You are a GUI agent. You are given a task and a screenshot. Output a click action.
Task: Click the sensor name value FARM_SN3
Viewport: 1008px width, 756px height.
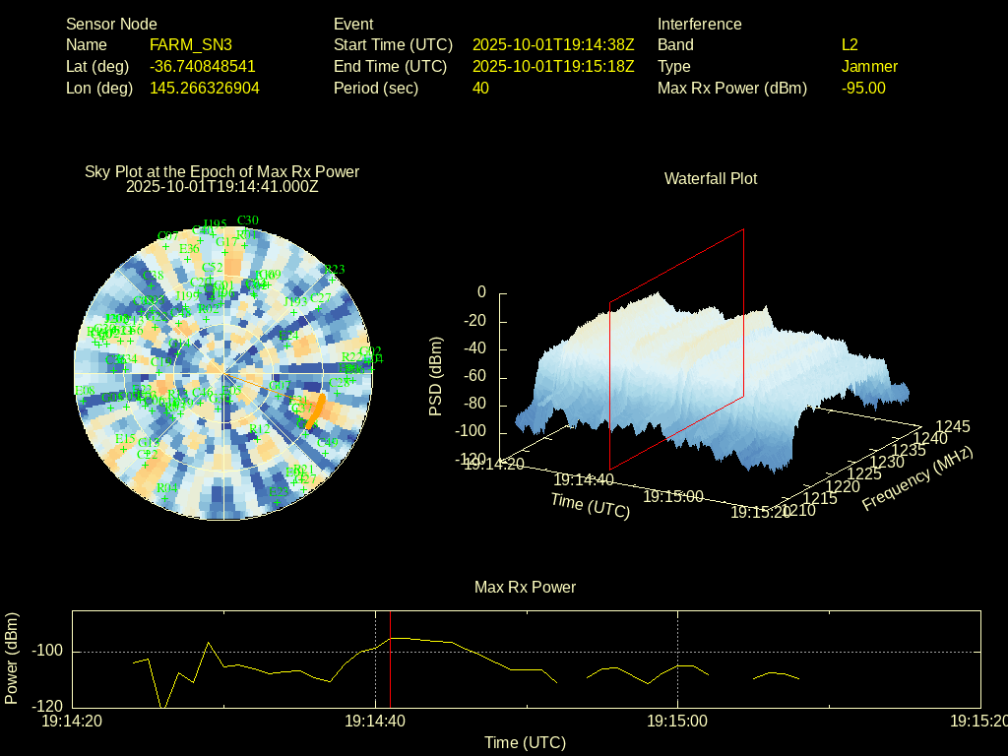coord(191,45)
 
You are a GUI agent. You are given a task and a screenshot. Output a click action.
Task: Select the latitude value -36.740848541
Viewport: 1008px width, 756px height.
coord(203,67)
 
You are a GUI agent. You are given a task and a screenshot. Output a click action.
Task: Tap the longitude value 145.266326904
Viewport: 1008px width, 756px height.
coord(205,89)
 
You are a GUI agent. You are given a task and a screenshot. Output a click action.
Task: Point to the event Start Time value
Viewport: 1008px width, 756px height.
coord(553,45)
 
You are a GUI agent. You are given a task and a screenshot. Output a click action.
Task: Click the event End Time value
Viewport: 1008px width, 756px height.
coord(553,67)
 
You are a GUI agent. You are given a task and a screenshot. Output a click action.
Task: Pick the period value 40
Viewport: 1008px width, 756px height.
coord(480,89)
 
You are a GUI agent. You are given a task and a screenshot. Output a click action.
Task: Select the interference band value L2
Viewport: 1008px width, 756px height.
coord(850,45)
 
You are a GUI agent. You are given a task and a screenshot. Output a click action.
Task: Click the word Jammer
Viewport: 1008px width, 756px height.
coord(869,67)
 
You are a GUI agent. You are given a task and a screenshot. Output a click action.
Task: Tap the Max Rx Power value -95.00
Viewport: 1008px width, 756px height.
coord(863,89)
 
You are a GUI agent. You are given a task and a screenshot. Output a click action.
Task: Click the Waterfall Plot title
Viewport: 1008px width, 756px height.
coord(711,179)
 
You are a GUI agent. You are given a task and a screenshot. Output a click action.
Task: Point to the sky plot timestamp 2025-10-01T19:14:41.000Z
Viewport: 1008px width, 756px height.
coord(222,186)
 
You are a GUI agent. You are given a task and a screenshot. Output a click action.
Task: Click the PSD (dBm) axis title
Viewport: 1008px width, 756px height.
coord(436,376)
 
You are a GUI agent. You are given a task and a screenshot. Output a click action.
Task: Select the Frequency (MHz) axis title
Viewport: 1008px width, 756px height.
coord(917,477)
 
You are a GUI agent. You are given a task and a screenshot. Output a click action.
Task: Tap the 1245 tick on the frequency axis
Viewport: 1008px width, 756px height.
coord(952,426)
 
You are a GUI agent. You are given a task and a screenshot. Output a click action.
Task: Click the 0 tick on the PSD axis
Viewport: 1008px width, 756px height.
coord(481,292)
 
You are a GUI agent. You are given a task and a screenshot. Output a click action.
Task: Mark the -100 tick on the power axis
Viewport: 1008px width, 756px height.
coord(47,652)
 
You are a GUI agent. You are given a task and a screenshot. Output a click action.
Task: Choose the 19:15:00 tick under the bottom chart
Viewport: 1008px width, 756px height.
coord(677,722)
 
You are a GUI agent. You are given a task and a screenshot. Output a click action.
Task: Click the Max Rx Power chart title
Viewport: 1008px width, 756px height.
coord(525,588)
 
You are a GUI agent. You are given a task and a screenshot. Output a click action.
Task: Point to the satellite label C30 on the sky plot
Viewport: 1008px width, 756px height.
coord(248,220)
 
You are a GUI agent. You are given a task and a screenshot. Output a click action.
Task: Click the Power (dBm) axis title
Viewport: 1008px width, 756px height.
coord(12,658)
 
